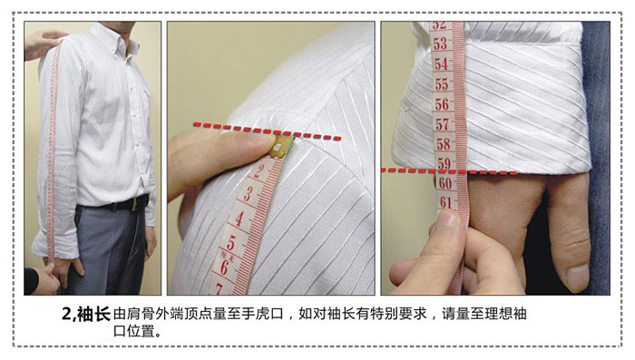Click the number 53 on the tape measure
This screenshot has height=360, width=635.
441,44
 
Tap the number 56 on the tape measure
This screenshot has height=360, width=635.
443,104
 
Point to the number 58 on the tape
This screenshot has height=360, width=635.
444,144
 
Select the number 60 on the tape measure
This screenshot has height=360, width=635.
445,183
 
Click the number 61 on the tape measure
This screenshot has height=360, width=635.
446,201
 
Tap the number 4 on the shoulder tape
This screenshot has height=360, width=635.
239,219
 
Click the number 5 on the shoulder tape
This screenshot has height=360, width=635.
230,242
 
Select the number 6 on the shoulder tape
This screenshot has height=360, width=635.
224,267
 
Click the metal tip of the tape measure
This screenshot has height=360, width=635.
282,148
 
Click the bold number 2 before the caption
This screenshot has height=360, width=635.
66,315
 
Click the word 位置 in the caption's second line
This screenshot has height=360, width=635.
142,331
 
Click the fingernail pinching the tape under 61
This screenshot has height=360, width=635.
447,219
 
